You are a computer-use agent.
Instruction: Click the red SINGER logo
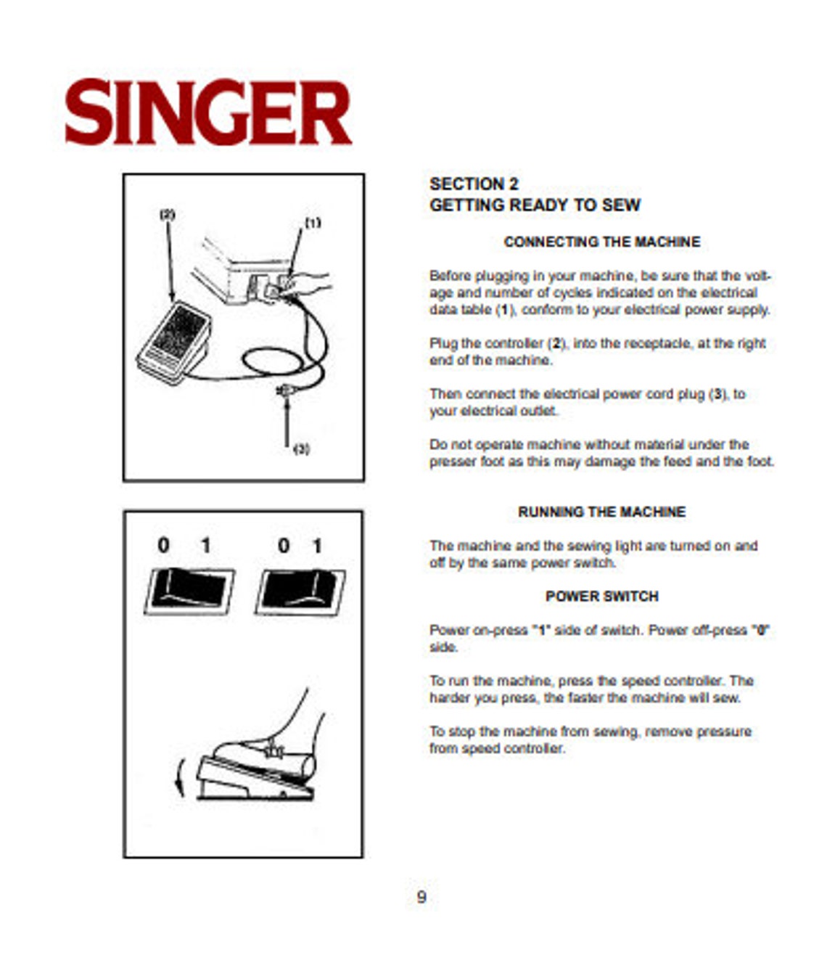(x=208, y=113)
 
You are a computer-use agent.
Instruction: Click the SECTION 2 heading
(x=474, y=184)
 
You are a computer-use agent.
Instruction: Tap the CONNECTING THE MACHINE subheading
(x=601, y=242)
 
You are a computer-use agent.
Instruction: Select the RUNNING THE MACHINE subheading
(x=601, y=512)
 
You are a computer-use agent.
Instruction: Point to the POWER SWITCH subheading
(x=601, y=596)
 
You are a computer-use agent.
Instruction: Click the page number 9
(x=421, y=897)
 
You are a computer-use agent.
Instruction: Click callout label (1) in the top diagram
(x=312, y=224)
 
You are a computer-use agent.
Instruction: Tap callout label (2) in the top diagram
(x=168, y=215)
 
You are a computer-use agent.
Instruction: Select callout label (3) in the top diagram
(x=301, y=450)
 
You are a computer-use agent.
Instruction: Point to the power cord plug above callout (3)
(x=284, y=392)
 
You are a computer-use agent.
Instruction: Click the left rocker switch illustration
(x=190, y=590)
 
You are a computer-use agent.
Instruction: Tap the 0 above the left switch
(x=164, y=545)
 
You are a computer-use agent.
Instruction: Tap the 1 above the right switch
(x=317, y=546)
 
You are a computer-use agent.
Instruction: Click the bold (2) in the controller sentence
(x=556, y=343)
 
